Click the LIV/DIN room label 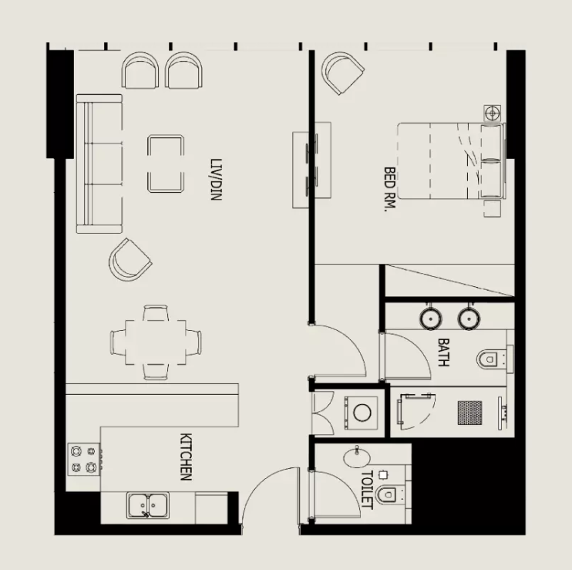coord(216,179)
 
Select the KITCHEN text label coord(186,457)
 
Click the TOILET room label coord(367,490)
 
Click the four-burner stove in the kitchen coord(84,458)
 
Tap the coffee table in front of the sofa coord(166,163)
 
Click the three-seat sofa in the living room coord(99,164)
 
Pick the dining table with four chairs coord(156,341)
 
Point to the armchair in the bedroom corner coord(342,73)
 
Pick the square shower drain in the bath coord(469,411)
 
